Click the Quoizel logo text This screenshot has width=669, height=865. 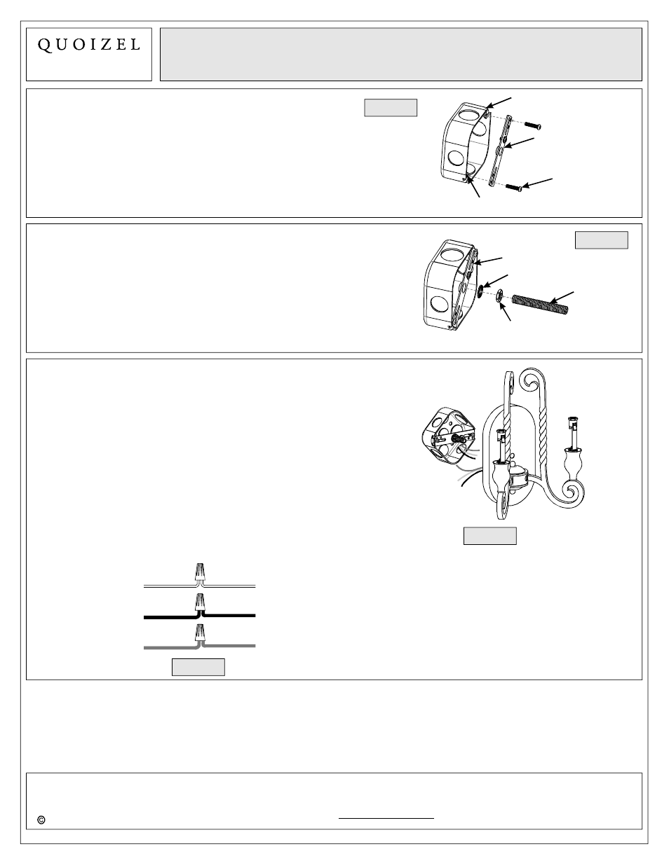88,45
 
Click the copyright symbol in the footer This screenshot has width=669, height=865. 41,819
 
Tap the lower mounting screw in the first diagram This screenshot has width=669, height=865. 514,187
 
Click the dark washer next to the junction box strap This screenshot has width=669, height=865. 481,289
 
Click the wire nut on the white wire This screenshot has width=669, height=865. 200,572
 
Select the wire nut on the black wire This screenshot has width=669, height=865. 200,602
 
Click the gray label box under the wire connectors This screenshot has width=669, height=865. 198,667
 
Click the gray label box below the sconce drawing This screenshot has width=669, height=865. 490,536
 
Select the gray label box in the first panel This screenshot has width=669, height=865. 391,107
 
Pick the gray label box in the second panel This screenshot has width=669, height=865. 601,240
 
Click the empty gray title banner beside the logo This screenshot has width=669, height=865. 400,55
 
